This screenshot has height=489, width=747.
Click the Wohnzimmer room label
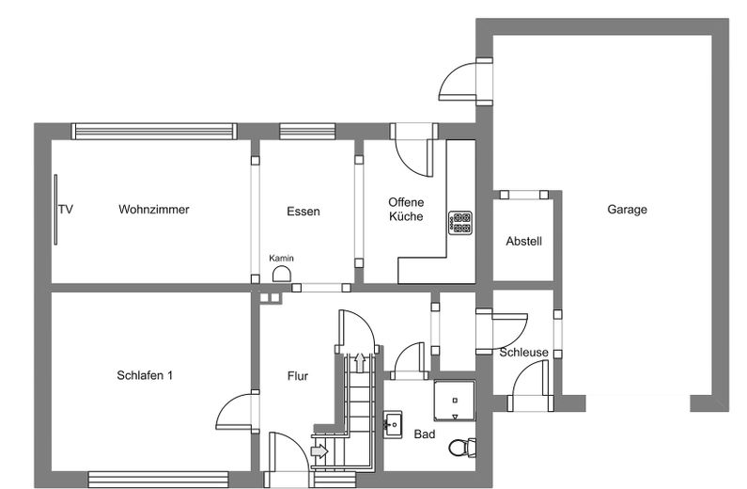[x=154, y=209]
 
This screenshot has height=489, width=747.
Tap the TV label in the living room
[x=66, y=209]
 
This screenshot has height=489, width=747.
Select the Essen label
[x=303, y=212]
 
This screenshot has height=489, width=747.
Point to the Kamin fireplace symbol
[x=282, y=274]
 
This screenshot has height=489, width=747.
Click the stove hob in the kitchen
[x=460, y=223]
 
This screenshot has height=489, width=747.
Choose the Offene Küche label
[x=406, y=209]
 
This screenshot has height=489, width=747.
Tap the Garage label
[x=627, y=209]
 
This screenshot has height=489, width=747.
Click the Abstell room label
[x=523, y=241]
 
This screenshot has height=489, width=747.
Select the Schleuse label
[x=523, y=353]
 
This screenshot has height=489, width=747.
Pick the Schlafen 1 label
[x=145, y=375]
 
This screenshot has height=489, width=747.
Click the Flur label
[x=298, y=376]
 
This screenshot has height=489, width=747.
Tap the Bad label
[x=425, y=434]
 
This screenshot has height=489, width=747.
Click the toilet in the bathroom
[x=462, y=448]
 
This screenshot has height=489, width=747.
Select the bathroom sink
[x=393, y=424]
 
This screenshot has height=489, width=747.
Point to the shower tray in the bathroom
[x=455, y=401]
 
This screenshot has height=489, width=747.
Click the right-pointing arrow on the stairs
[x=319, y=450]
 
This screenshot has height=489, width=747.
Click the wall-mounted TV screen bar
[x=55, y=210]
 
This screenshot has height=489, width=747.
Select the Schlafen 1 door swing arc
[x=228, y=409]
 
